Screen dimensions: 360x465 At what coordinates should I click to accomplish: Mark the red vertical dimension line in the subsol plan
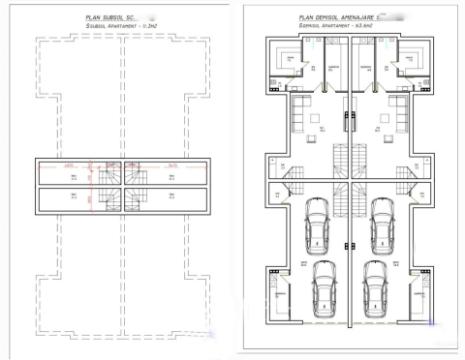click(x=93, y=185)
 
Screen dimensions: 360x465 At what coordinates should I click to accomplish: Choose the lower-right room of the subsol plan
click(x=175, y=198)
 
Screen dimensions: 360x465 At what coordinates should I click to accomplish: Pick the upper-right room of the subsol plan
click(x=175, y=174)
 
